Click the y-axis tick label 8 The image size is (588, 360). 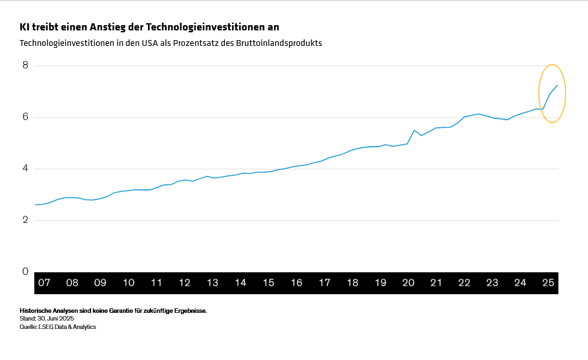click(25, 65)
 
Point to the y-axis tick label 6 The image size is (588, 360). click(25, 117)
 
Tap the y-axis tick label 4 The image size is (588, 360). click(25, 169)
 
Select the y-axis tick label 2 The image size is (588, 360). click(25, 220)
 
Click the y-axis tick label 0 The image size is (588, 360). click(25, 272)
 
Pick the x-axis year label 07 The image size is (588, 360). click(44, 283)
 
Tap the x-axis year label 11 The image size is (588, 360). click(156, 283)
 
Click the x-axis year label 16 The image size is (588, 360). click(297, 283)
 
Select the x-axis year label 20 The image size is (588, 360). click(408, 283)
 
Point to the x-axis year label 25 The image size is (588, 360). click(549, 283)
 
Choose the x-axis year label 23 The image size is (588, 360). click(492, 283)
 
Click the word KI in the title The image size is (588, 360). click(25, 27)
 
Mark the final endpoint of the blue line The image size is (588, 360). click(557, 85)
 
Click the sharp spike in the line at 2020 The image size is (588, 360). click(414, 130)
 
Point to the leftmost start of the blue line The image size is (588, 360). click(35, 204)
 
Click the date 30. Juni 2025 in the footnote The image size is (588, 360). click(56, 319)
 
